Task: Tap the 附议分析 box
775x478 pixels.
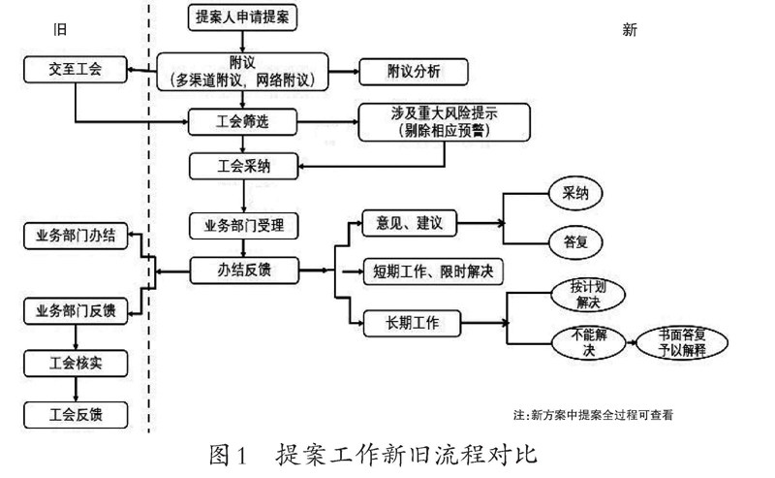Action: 413,71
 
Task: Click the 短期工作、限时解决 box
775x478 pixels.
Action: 433,271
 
